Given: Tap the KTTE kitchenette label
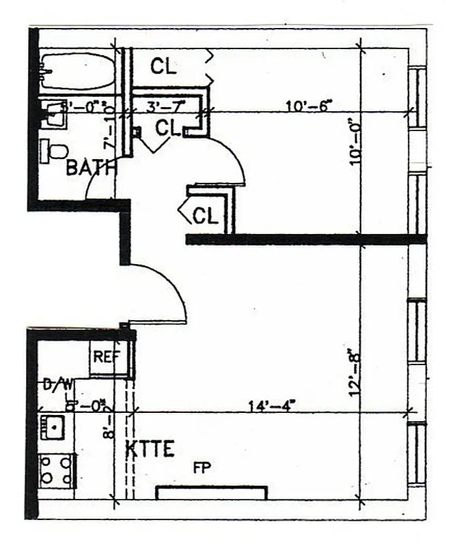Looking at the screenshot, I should coord(150,449).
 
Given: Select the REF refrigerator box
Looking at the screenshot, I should coord(108,356).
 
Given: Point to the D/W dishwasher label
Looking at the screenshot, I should coord(59,385).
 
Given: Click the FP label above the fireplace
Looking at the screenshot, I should coord(202,468).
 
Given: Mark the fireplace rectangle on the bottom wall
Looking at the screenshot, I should coord(211,493).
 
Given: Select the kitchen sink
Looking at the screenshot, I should coord(53,427).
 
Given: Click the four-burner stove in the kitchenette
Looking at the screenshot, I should coord(56,470).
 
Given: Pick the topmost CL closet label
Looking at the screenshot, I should coord(164,66).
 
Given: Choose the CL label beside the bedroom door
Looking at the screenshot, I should coord(168,128).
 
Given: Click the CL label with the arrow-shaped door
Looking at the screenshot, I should coord(205,216).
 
